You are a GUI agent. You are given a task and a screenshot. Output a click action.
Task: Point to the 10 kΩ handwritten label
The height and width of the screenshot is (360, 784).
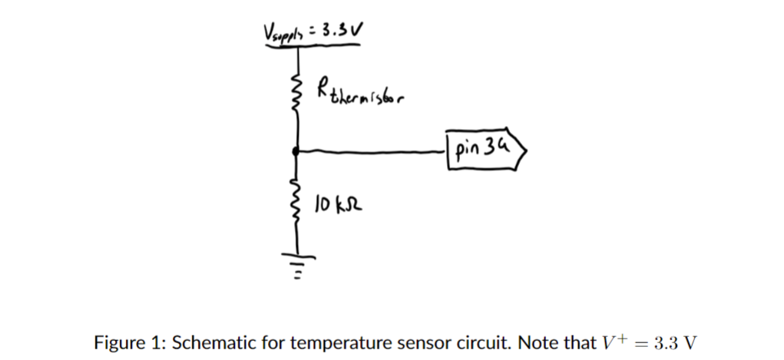[x=338, y=205]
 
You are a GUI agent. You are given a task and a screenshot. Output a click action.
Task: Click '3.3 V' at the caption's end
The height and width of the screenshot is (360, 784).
[x=670, y=342]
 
